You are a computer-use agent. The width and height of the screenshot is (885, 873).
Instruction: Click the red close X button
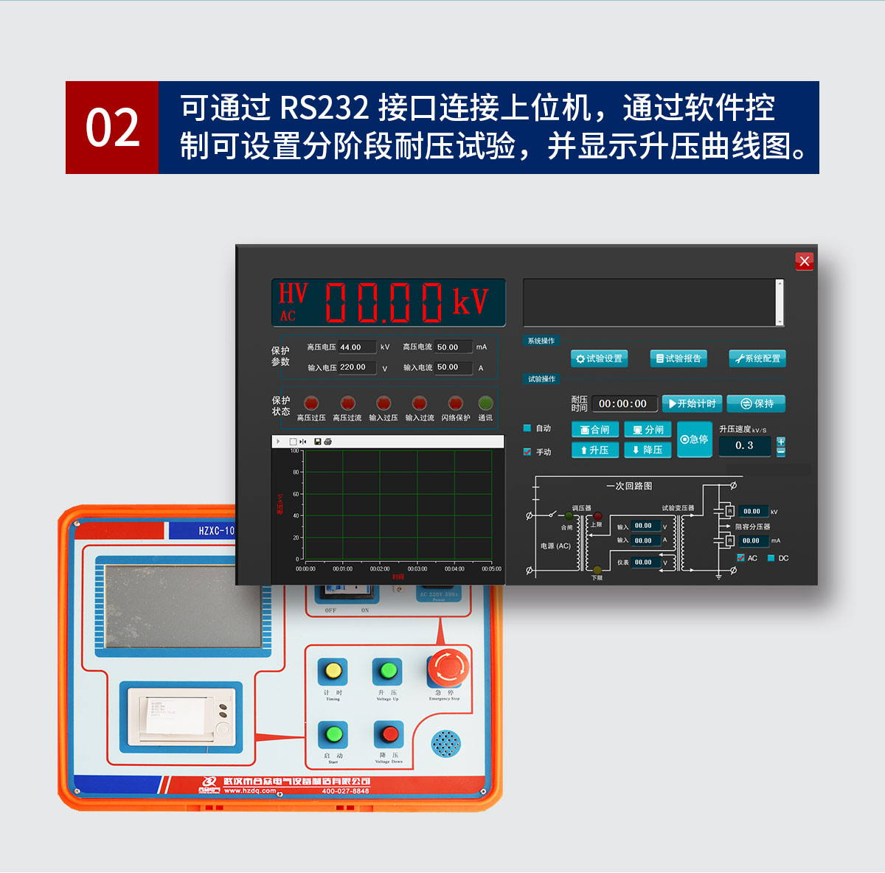click(x=804, y=261)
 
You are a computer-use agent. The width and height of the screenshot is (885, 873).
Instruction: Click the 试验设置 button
click(x=599, y=358)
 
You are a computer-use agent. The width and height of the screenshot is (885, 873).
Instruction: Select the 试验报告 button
click(x=678, y=358)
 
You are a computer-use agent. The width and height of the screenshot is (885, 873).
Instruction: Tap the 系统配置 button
click(x=757, y=358)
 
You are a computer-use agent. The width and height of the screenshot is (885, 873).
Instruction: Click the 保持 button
click(x=756, y=403)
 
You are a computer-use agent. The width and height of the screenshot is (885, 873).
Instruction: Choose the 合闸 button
click(x=594, y=430)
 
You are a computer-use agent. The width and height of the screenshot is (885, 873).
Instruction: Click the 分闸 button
click(x=648, y=430)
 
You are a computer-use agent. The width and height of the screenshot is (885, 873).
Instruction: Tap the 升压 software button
click(x=594, y=450)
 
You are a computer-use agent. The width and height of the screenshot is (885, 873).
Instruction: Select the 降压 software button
click(x=648, y=450)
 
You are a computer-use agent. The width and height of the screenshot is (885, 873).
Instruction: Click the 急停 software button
click(x=694, y=439)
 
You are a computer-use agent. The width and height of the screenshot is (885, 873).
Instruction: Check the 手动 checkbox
click(x=527, y=451)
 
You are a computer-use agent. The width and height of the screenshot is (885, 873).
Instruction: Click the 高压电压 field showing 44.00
click(x=357, y=347)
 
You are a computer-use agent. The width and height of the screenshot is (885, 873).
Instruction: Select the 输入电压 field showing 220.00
click(x=357, y=367)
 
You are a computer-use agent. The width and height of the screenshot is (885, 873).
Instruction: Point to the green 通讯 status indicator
click(x=485, y=403)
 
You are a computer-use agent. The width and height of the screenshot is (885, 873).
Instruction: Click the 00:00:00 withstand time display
click(x=623, y=404)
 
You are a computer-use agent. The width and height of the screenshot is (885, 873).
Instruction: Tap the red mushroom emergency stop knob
click(x=448, y=668)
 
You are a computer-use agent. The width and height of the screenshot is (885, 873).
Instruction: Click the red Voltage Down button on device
click(x=389, y=734)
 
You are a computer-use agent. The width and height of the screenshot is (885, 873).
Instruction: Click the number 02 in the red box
click(x=112, y=128)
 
